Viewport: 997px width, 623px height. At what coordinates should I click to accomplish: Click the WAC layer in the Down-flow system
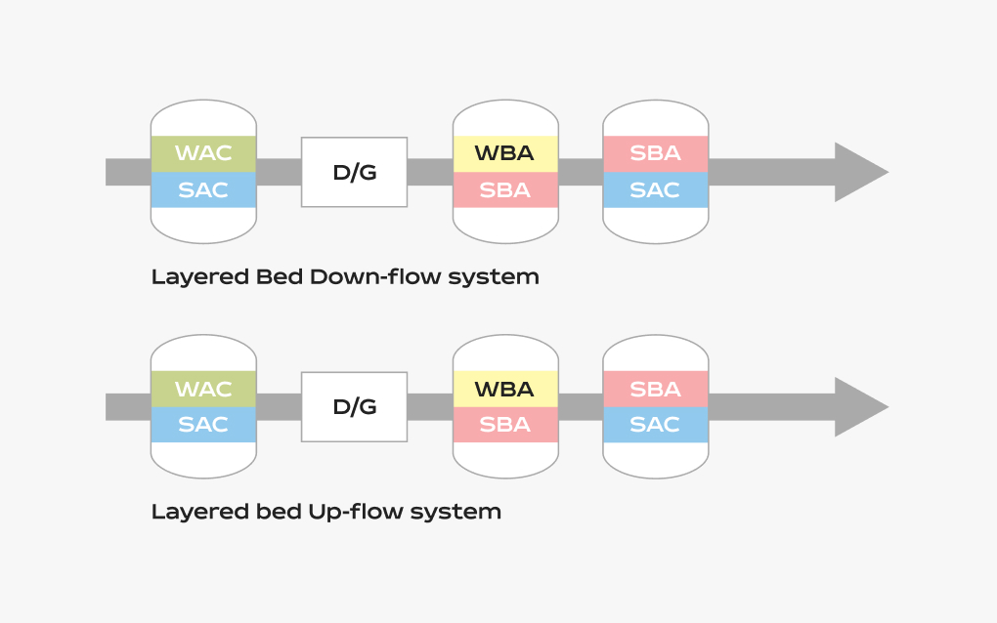[x=203, y=153]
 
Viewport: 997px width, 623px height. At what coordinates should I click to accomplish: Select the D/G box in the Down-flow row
[x=354, y=172]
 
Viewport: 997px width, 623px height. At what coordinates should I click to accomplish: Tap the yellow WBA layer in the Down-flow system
[x=505, y=153]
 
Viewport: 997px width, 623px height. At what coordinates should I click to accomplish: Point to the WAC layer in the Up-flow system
[x=203, y=389]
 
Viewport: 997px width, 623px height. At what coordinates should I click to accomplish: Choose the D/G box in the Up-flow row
[x=354, y=407]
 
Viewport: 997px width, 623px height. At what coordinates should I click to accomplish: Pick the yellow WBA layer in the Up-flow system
[x=505, y=389]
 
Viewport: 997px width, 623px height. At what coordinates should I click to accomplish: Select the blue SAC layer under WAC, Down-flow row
[x=203, y=189]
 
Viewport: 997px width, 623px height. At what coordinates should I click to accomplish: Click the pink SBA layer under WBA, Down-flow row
[x=505, y=189]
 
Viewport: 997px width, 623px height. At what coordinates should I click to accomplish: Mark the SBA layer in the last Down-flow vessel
[x=656, y=153]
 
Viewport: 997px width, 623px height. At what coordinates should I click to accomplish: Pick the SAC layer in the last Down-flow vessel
[x=656, y=189]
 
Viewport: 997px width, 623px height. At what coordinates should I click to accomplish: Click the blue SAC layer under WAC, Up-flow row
[x=203, y=425]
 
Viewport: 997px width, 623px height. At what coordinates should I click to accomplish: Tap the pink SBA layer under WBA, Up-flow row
[x=505, y=425]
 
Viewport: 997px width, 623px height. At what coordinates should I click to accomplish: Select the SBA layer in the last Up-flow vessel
[x=656, y=389]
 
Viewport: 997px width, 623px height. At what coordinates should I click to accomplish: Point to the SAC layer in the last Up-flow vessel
[x=656, y=425]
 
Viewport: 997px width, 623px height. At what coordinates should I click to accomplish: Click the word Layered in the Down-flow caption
[x=200, y=278]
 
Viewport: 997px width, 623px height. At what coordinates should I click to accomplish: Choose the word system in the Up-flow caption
[x=455, y=513]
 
